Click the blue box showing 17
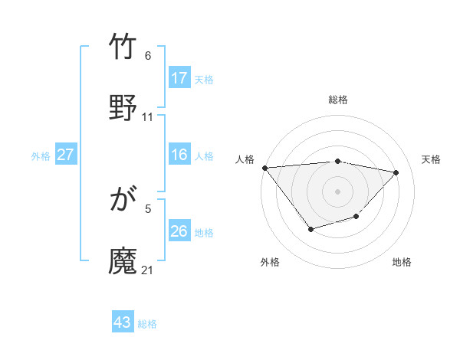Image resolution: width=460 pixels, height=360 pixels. coord(179,78)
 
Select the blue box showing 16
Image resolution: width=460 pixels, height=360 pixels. coord(179,155)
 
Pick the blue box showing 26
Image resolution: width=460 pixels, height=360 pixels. coord(179,231)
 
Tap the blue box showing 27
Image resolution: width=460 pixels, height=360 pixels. coord(66,155)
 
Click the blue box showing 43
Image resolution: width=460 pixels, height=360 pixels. coord(123,322)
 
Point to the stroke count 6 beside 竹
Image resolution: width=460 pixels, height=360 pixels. coord(148,56)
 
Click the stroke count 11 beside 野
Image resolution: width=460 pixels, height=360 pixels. coord(148,117)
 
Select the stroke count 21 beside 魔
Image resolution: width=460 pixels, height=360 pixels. coord(148,270)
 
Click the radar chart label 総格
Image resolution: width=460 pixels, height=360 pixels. coord(338,100)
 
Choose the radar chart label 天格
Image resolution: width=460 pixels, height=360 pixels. coord(431,159)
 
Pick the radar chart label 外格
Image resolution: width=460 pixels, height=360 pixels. coord(269,262)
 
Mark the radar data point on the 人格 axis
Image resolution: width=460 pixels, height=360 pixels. coord(264,168)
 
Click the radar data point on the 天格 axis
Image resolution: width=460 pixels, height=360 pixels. coord(396,172)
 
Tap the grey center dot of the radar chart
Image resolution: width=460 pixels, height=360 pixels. coord(337,191)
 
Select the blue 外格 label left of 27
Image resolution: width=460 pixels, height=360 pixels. coord(41,155)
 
